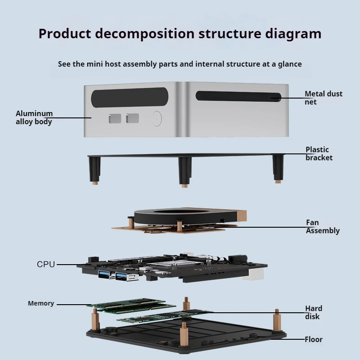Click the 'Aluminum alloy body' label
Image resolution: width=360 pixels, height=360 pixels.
tap(34, 117)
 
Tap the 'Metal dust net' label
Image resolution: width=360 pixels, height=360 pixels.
tap(323, 98)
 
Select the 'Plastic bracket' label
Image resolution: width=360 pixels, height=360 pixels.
tap(319, 153)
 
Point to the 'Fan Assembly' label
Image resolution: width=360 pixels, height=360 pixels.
tap(323, 226)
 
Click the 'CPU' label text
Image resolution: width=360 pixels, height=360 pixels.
tap(46, 264)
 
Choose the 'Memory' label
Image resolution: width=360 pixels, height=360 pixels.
tap(41, 303)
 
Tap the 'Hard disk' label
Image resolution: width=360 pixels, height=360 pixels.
tap(314, 312)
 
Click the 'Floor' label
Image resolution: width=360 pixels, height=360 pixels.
tap(313, 339)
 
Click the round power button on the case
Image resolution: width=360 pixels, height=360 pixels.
tap(157, 118)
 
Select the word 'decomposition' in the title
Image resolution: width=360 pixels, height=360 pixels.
tap(145, 34)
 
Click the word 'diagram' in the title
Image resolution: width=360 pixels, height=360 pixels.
tap(293, 34)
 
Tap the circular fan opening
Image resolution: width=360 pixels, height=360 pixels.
tap(181, 211)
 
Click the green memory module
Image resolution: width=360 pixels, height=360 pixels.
tap(131, 306)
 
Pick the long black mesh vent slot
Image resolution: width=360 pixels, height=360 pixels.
tap(238, 96)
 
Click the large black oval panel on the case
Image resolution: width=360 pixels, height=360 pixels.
tap(130, 97)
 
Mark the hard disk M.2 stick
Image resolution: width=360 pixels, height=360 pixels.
tap(165, 316)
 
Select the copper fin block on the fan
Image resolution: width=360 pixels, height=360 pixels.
tap(241, 216)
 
